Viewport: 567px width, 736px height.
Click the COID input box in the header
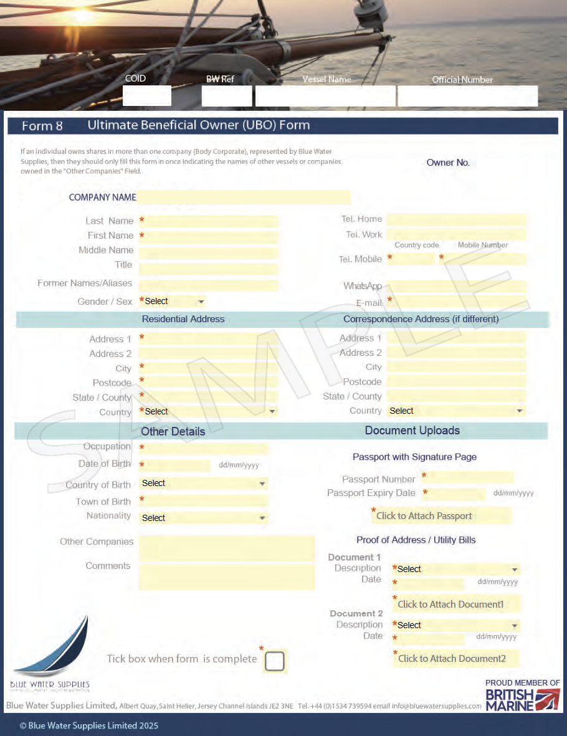[x=146, y=95]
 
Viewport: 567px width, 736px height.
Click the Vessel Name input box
[x=325, y=96]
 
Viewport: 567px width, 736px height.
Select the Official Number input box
[x=467, y=96]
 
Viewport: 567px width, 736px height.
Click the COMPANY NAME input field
[x=244, y=198]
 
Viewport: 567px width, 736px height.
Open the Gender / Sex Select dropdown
[x=173, y=302]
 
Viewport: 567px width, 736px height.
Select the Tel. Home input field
[x=456, y=219]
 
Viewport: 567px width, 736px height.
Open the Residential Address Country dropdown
[x=209, y=412]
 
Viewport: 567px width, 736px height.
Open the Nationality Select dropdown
[x=203, y=518]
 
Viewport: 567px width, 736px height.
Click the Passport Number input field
[x=471, y=478]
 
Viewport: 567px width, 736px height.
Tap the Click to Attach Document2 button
[x=455, y=658]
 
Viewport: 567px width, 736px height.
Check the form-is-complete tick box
[x=274, y=661]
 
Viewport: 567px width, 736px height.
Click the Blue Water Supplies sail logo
[x=52, y=648]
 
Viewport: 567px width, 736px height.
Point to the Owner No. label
[x=448, y=163]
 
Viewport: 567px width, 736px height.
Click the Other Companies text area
[x=227, y=548]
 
